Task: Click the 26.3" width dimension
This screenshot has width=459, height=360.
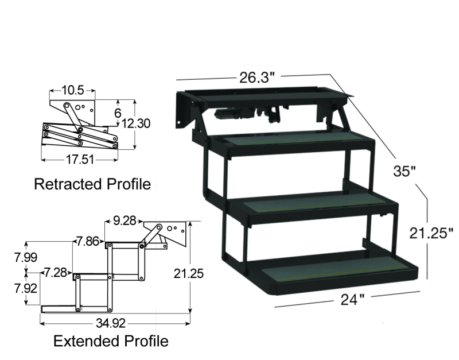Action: coord(257,78)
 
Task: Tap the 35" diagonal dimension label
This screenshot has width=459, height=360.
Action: coord(404,171)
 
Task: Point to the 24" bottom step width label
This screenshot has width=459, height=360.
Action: coord(352,299)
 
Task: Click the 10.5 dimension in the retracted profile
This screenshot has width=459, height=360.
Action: coord(73,90)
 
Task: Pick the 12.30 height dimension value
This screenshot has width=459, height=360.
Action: coord(135,123)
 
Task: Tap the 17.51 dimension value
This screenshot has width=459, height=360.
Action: coord(80,160)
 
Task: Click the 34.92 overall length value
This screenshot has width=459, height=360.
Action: coord(111,323)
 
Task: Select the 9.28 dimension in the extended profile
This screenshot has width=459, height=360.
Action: coord(125,220)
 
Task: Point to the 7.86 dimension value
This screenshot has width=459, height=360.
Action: coord(88,241)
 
